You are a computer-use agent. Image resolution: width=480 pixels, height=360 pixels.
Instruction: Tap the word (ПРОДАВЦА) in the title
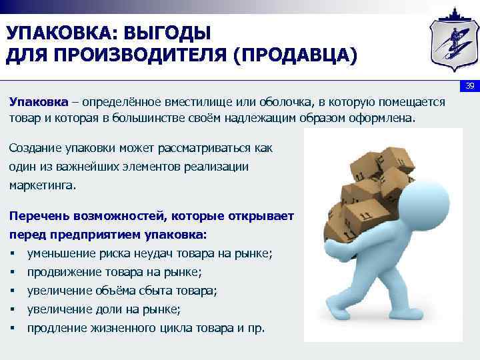pyautogui.click(x=294, y=55)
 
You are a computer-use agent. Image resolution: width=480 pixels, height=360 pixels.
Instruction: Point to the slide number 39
pyautogui.click(x=469, y=87)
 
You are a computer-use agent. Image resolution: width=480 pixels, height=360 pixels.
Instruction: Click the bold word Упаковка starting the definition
pyautogui.click(x=38, y=101)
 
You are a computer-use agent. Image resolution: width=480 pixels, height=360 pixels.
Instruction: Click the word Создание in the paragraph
pyautogui.click(x=36, y=147)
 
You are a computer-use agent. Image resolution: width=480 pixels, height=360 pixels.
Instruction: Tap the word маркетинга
pyautogui.click(x=42, y=185)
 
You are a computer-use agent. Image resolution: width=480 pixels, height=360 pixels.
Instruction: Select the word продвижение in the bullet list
pyautogui.click(x=63, y=272)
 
